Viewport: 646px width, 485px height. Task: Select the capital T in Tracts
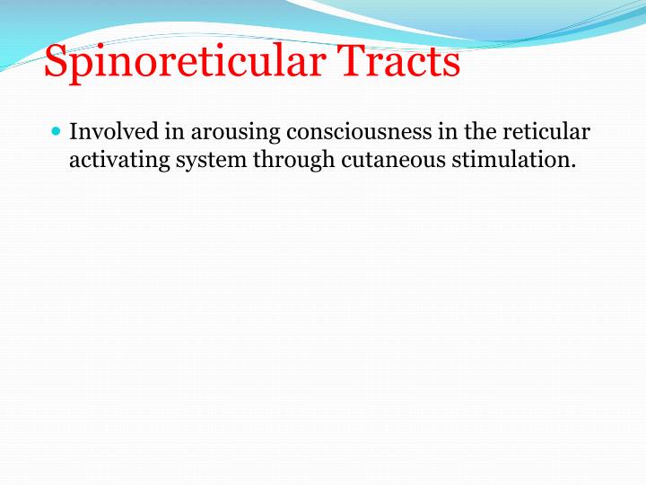pos(351,62)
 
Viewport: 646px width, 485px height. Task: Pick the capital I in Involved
pos(74,132)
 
